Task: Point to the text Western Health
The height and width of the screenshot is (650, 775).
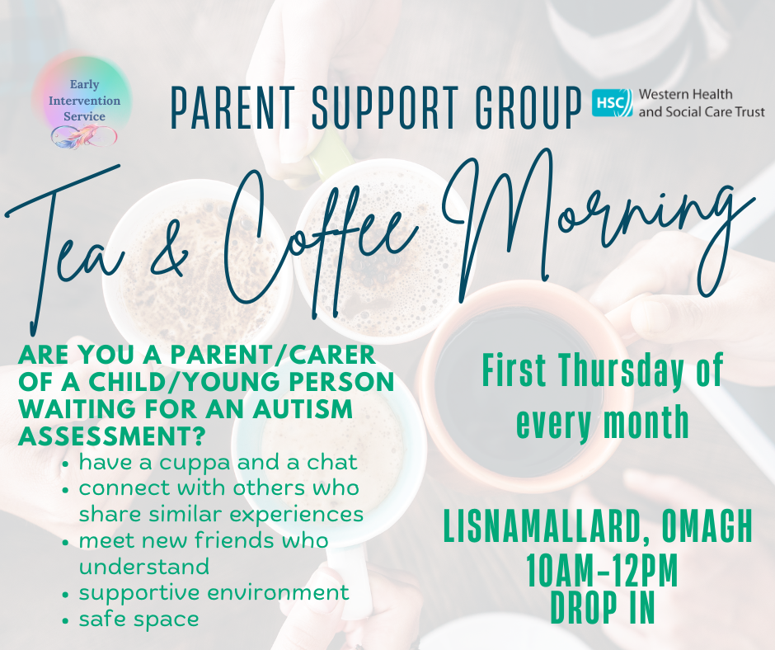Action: coord(685,94)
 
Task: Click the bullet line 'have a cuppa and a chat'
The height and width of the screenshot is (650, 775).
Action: coord(218,463)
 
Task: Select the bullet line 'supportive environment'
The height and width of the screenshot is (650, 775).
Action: coord(214,592)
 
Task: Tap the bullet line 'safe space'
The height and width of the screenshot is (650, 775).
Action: coord(139,619)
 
